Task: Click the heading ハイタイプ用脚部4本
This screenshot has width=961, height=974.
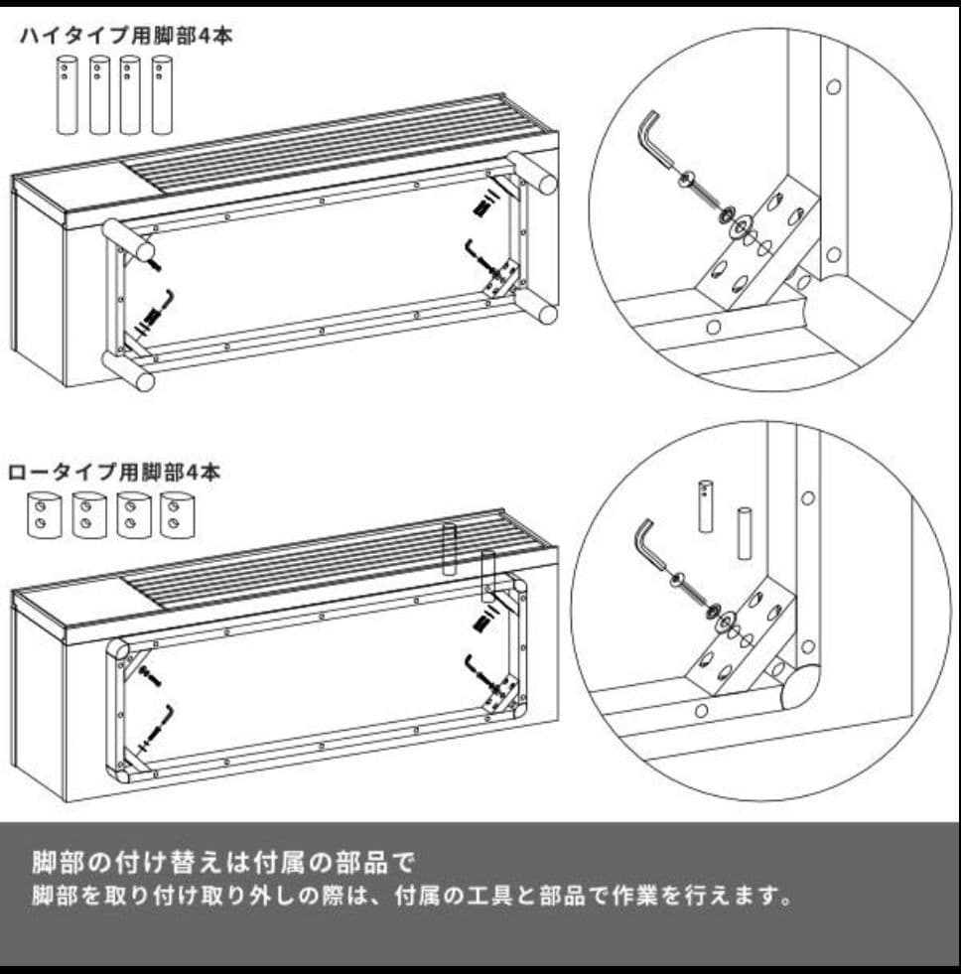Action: [126, 38]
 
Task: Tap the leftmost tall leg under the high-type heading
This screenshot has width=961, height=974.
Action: [68, 94]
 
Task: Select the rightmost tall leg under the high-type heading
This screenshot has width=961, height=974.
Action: [162, 94]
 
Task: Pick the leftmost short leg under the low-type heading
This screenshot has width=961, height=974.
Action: [41, 513]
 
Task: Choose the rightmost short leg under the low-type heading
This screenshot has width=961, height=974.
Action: [177, 513]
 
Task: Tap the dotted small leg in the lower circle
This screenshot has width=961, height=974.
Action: [706, 505]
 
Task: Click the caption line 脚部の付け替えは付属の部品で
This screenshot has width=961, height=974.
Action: [221, 860]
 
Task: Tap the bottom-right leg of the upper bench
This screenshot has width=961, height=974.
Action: [544, 313]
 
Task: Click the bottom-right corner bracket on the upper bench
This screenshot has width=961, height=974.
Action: [501, 278]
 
